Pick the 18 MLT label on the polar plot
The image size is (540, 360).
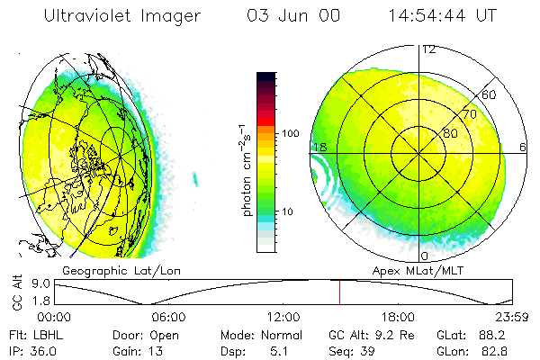[x=319, y=147]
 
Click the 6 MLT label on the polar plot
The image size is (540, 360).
[x=524, y=147]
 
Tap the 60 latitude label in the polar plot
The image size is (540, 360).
[x=490, y=94]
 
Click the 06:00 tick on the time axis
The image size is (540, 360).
[x=168, y=317]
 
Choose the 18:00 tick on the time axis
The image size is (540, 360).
[x=398, y=317]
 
